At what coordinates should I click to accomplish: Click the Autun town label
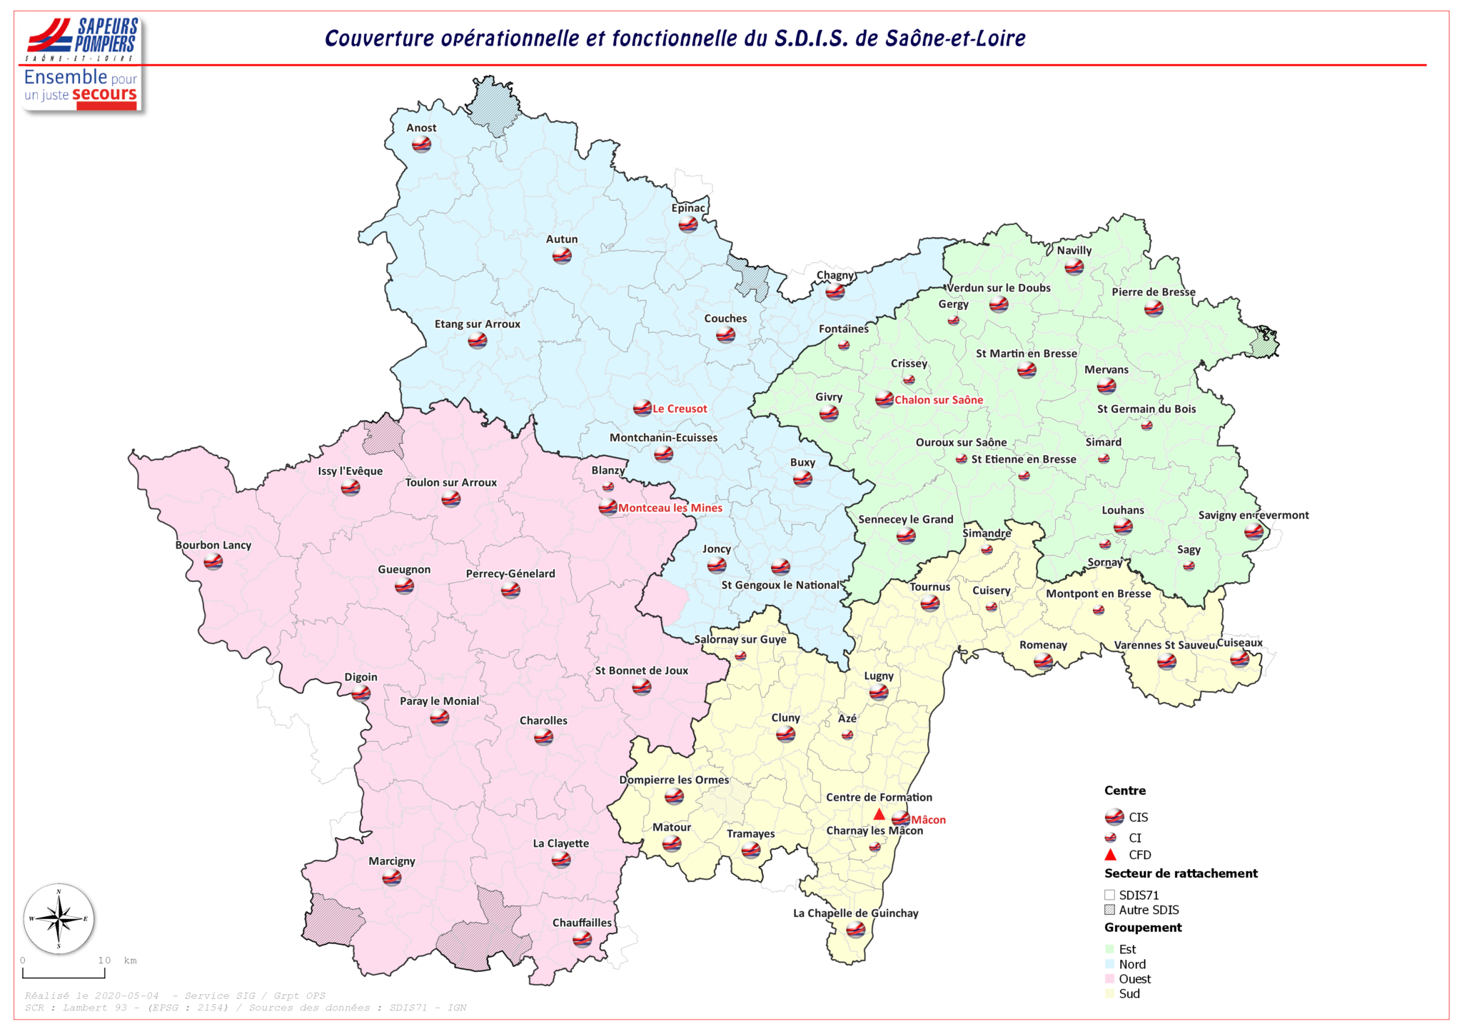point(561,239)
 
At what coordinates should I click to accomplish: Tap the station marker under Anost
point(421,144)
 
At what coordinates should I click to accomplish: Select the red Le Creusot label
point(679,408)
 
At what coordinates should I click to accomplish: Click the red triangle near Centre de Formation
point(879,815)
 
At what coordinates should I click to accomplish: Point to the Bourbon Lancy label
point(213,545)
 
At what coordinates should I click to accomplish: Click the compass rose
point(59,918)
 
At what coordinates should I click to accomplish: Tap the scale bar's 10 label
point(104,960)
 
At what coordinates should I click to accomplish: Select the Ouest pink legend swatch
point(1109,979)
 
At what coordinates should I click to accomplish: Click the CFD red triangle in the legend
point(1110,855)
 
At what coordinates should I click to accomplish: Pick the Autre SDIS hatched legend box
point(1109,910)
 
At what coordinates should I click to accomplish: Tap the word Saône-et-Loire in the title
point(954,39)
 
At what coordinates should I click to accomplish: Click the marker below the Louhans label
point(1123,527)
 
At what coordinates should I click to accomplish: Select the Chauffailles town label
point(582,923)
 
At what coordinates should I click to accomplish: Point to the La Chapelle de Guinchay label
point(855,913)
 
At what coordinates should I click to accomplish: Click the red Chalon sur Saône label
point(938,400)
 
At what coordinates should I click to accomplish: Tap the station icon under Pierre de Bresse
point(1154,308)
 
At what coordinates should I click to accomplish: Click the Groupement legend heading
point(1142,928)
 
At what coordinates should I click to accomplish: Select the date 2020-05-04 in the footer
point(127,995)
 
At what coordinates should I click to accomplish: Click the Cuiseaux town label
point(1239,643)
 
